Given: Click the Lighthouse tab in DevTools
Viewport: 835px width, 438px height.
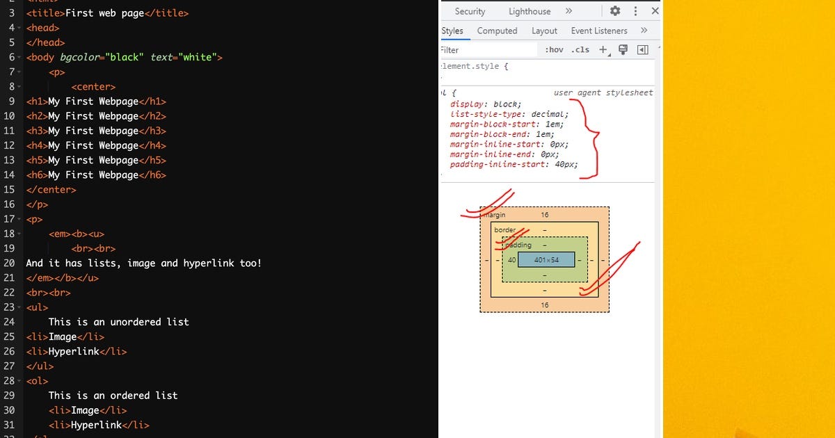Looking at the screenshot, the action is [530, 11].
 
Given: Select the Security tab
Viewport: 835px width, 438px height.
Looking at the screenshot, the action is [470, 11].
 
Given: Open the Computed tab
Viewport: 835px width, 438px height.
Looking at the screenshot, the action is [497, 31].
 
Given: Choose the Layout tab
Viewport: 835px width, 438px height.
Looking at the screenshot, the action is [544, 31].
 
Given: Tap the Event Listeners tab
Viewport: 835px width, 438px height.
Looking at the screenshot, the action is [599, 31].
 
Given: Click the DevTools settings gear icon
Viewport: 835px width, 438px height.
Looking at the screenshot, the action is [615, 11].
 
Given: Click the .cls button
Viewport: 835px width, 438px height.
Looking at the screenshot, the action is [580, 50].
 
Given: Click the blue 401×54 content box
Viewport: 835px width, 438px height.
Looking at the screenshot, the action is [546, 260].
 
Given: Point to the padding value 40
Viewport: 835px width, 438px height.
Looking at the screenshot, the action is [512, 260].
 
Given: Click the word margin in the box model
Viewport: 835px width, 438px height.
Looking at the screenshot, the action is [495, 216].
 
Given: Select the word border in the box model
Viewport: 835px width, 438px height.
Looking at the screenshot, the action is [505, 230].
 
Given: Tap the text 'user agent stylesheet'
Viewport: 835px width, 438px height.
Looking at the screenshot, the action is [603, 92].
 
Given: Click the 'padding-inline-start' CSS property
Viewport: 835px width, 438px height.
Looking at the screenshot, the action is [498, 165].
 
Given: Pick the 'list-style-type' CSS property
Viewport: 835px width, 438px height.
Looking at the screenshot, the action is [489, 114].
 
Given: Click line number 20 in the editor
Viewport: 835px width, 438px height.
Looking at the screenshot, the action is [9, 263].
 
